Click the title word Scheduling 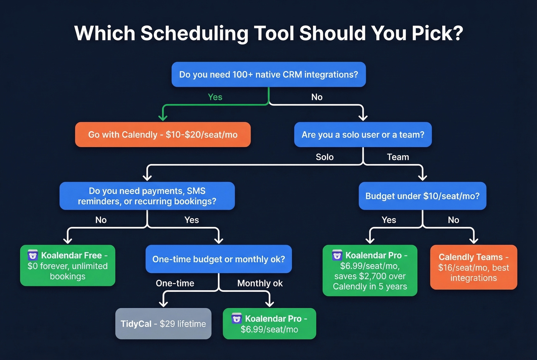(195, 33)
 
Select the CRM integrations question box (268, 74)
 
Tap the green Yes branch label (215, 97)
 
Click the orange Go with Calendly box (163, 135)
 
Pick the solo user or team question (363, 135)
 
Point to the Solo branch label (325, 157)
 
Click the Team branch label (398, 157)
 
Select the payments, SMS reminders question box (147, 196)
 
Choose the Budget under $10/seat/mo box (422, 196)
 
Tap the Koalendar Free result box (68, 266)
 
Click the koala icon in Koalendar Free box (33, 255)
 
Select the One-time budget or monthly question (219, 259)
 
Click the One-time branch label (175, 283)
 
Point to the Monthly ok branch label (260, 283)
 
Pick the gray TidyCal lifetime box (163, 324)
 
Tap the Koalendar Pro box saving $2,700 (370, 271)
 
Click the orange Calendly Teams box (474, 267)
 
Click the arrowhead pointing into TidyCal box (163, 303)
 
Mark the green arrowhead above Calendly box (163, 117)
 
